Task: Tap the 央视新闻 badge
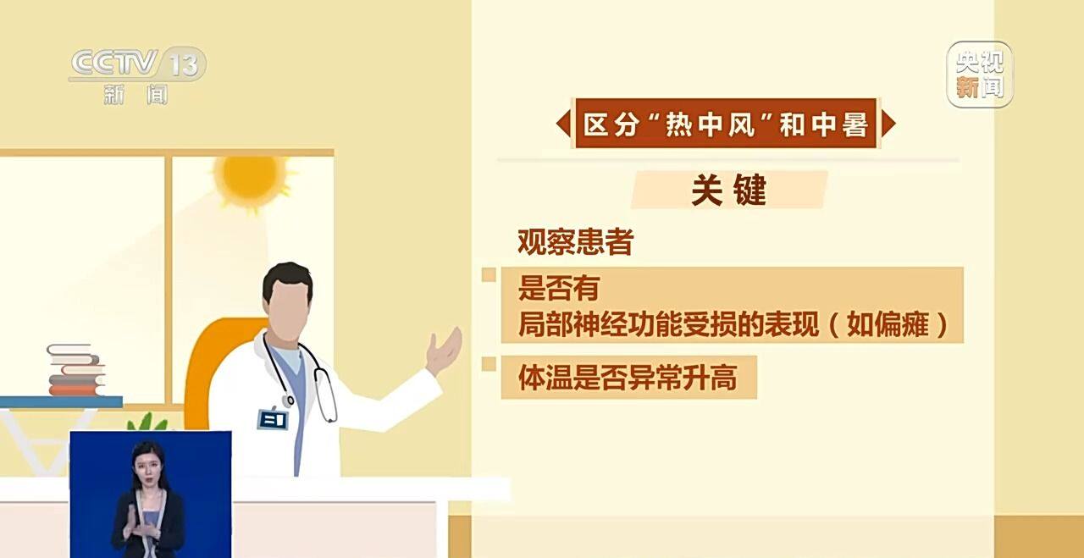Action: click(x=980, y=75)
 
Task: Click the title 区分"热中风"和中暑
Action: click(x=726, y=124)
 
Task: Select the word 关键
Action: click(x=728, y=191)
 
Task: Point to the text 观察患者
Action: click(x=575, y=244)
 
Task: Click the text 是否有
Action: click(x=558, y=289)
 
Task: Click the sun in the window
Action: click(x=249, y=177)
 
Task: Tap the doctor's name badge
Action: click(x=272, y=418)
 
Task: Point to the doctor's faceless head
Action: click(x=288, y=300)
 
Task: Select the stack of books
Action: click(x=75, y=371)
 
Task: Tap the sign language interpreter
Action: click(x=149, y=500)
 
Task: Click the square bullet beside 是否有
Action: click(x=489, y=275)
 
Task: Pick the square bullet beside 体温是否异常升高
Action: click(x=489, y=364)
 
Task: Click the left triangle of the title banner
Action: click(x=563, y=124)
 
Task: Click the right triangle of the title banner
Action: click(x=888, y=124)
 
